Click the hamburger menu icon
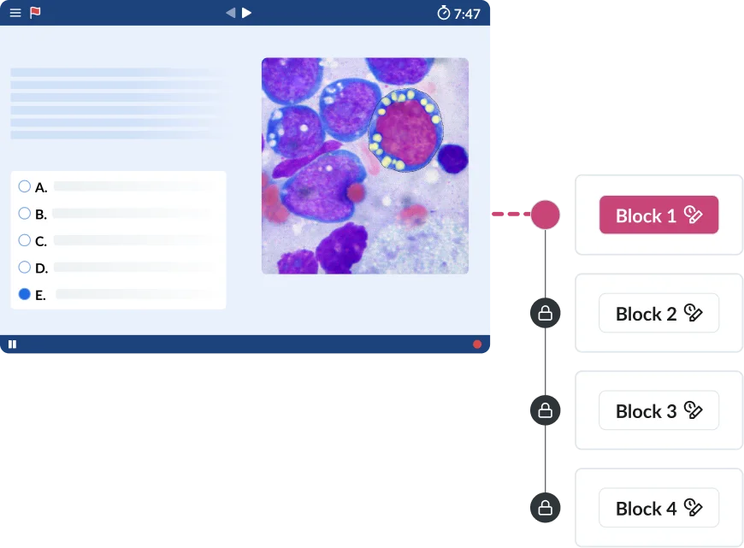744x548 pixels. [x=15, y=13]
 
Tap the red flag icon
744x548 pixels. [x=35, y=13]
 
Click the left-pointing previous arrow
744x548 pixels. [x=230, y=13]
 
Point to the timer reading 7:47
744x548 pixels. [x=458, y=14]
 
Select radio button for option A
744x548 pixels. [x=24, y=186]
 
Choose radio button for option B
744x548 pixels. [x=24, y=214]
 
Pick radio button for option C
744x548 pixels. [x=24, y=240]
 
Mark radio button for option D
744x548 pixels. [x=24, y=268]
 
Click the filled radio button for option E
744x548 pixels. [x=24, y=294]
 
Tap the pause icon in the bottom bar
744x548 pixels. [x=12, y=345]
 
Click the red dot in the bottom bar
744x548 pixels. [x=477, y=345]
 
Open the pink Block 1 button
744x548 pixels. [x=658, y=215]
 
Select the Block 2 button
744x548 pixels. [x=658, y=314]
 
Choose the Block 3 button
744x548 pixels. [x=658, y=411]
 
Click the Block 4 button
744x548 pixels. [x=658, y=509]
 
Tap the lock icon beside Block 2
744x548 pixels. [x=545, y=315]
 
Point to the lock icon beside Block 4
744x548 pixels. [x=545, y=509]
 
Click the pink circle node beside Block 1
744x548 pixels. [x=545, y=215]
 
